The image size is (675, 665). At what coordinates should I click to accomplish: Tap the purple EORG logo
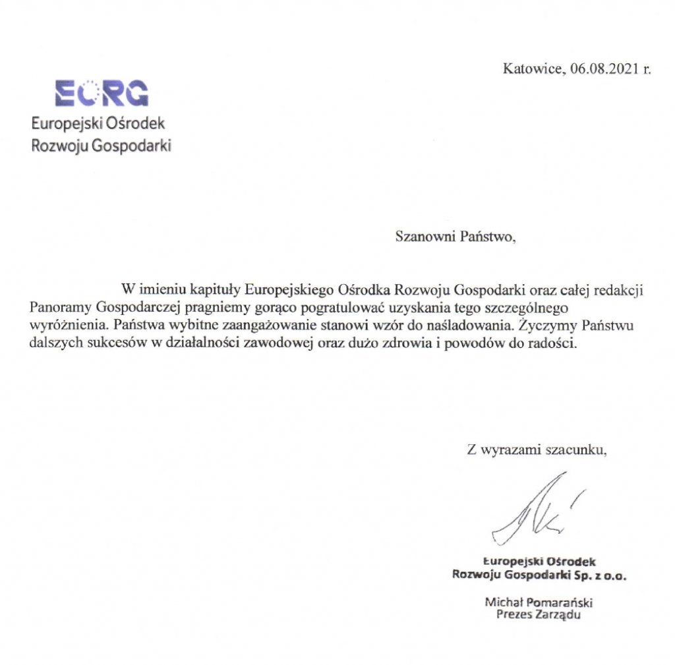pos(102,94)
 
